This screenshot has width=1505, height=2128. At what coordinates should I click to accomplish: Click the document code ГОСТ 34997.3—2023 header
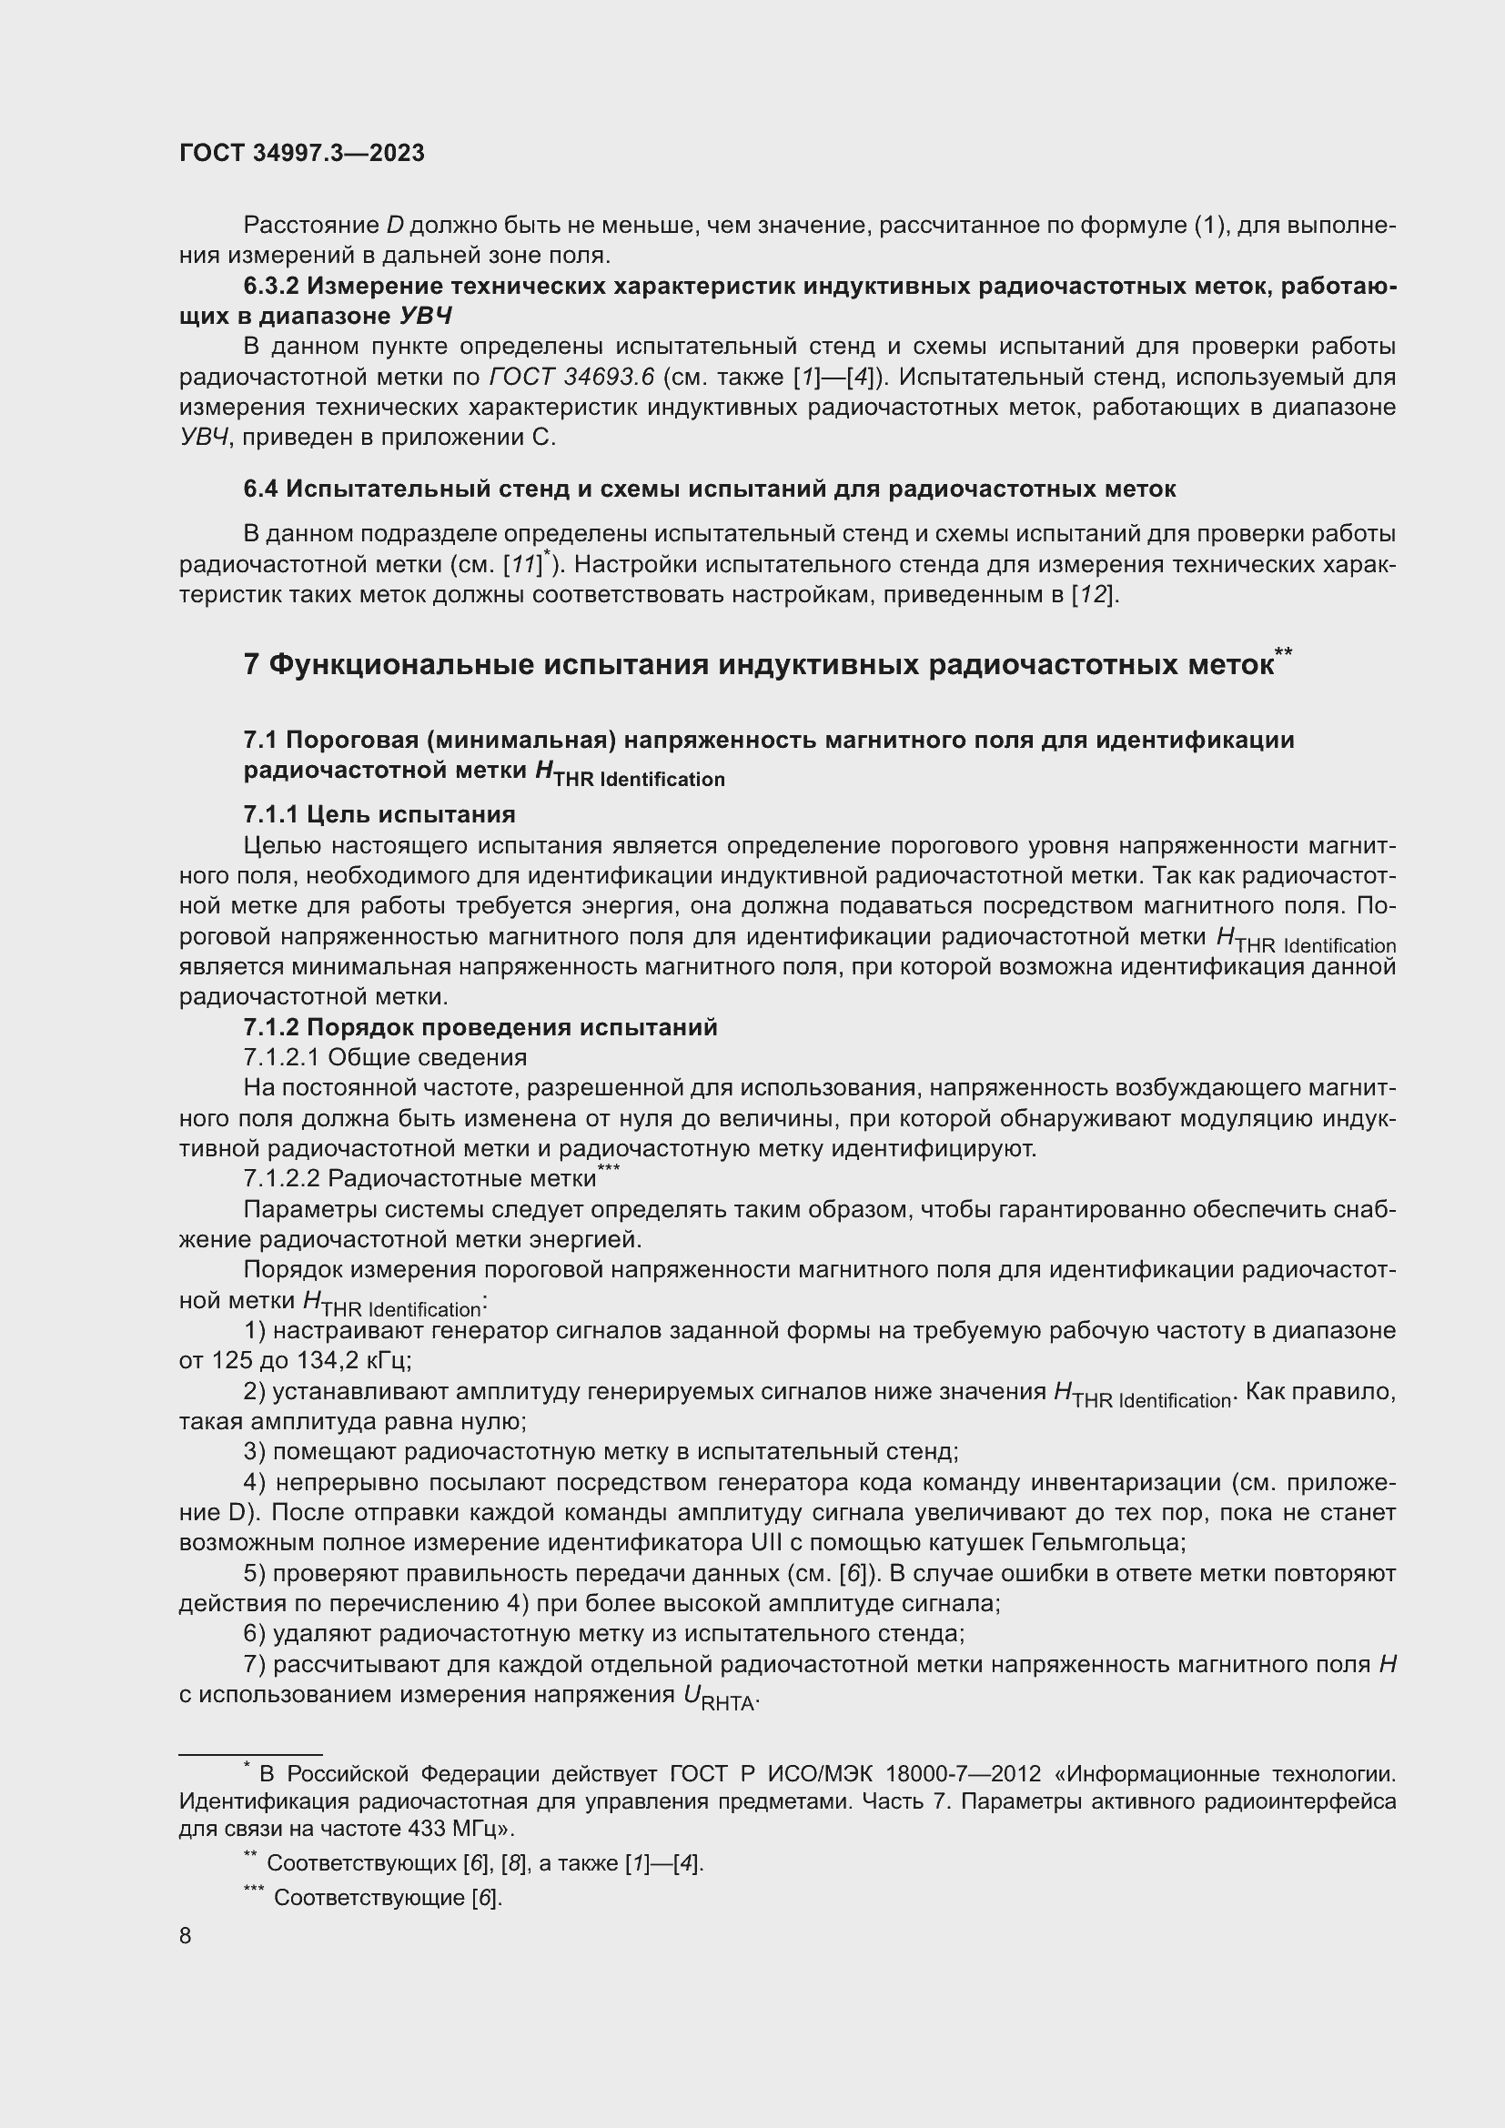301,153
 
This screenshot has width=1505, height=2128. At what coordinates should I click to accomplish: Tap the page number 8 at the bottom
186,1936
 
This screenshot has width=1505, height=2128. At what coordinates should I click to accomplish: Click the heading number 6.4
260,489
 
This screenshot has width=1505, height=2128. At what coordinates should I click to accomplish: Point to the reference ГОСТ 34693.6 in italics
571,378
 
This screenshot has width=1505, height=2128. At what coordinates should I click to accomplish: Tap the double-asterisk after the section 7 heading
1283,652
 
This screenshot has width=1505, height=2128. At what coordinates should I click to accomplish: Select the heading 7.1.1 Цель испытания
379,813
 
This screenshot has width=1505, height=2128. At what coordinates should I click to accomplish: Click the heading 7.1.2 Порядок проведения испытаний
480,1027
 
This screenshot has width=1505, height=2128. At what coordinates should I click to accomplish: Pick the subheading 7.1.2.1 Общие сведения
385,1056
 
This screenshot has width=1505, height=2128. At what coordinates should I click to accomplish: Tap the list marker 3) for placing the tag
255,1451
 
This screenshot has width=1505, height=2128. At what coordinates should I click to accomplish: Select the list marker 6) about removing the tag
255,1633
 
